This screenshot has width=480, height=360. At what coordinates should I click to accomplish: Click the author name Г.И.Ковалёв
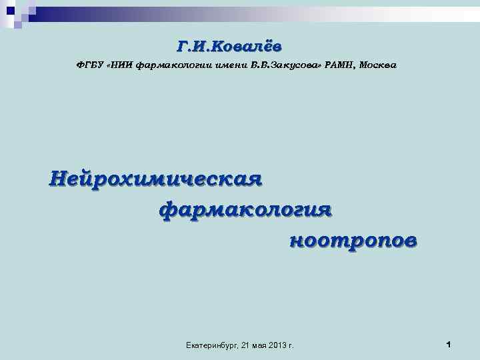click(229, 45)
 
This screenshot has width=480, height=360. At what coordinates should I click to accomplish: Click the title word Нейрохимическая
click(155, 179)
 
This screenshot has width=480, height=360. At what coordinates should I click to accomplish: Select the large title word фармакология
click(245, 209)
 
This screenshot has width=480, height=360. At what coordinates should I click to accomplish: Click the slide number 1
click(449, 344)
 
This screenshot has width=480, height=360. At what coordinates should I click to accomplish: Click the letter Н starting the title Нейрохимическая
click(59, 179)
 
